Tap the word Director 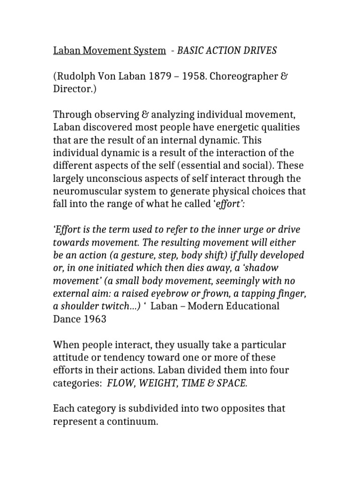[75, 89]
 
